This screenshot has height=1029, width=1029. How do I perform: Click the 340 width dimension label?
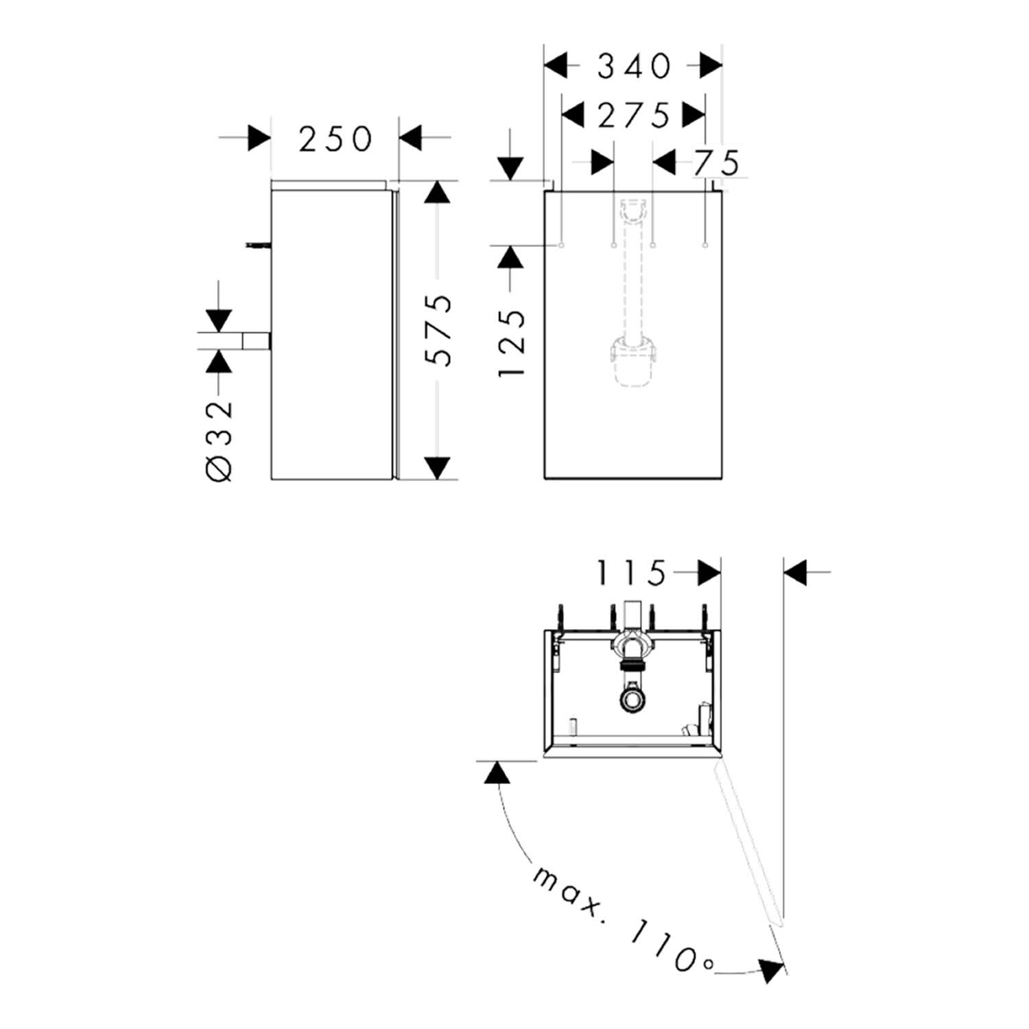634,67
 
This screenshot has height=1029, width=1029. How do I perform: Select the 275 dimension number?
633,115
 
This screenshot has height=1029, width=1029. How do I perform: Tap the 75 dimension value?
717,163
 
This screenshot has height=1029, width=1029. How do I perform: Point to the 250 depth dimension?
335,139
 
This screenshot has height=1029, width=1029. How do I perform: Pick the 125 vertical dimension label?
512,343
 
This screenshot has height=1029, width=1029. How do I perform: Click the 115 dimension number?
632,573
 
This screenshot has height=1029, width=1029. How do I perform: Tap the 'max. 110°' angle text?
622,919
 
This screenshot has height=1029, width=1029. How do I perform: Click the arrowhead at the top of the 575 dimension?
437,193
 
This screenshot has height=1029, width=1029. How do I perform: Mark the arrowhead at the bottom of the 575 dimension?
437,468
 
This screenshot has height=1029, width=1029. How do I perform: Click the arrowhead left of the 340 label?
556,67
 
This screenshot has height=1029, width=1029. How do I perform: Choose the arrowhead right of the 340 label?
711,67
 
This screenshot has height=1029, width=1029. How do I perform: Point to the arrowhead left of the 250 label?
259,138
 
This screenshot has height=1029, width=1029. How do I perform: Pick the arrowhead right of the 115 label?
709,572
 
